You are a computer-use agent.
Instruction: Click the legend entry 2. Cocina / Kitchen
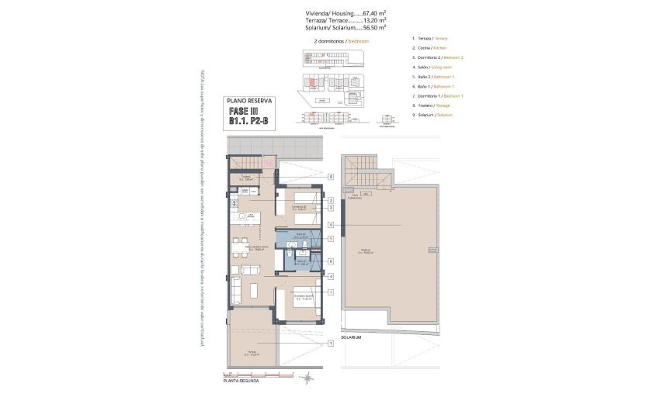[x=435, y=48]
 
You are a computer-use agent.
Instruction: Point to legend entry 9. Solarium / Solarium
[x=435, y=114]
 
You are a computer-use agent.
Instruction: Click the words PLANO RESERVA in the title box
[x=247, y=101]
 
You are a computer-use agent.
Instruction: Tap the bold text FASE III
[x=244, y=110]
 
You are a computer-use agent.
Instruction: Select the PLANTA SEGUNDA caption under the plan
[x=241, y=381]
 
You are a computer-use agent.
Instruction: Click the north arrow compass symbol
[x=309, y=378]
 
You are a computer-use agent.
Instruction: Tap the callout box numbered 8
[x=331, y=177]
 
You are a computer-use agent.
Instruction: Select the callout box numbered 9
[x=331, y=225]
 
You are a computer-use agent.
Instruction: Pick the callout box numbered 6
[x=331, y=261]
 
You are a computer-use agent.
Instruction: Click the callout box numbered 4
[x=331, y=276]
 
